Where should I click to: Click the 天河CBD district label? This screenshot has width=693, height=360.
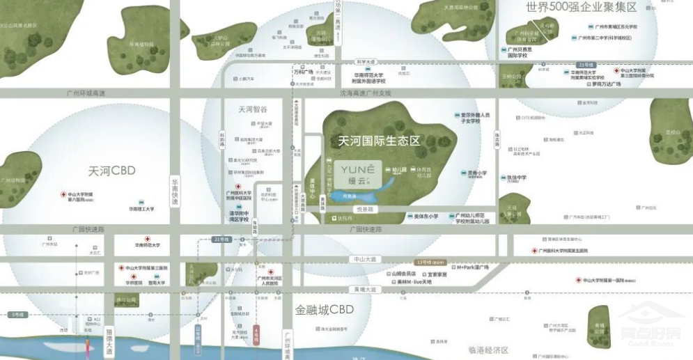(112, 171)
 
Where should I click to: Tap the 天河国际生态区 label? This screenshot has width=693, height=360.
(379, 140)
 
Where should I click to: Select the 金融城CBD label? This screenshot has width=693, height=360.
(325, 309)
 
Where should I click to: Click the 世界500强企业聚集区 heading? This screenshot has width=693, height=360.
(582, 8)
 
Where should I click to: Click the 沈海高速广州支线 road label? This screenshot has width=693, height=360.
(366, 93)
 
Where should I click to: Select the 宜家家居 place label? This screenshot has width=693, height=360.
(437, 274)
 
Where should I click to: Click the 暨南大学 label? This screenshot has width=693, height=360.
(157, 283)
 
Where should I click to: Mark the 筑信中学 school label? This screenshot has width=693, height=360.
(517, 178)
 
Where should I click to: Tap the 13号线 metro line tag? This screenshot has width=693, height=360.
(425, 262)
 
